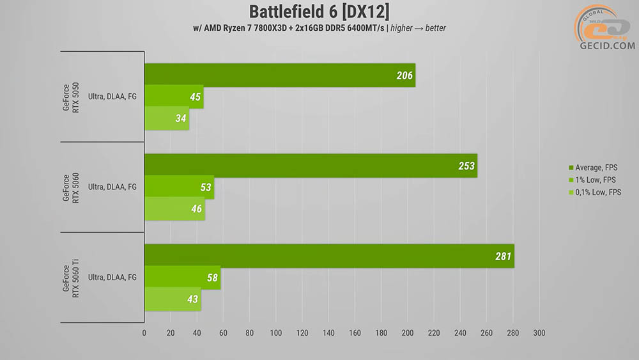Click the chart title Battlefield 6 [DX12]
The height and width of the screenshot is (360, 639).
coord(319,12)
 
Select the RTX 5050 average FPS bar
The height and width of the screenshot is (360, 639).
coord(280,75)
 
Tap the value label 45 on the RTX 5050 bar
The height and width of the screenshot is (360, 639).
coord(195,97)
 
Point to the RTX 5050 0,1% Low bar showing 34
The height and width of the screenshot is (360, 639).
coord(167,118)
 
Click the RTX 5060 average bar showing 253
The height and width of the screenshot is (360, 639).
coord(311,166)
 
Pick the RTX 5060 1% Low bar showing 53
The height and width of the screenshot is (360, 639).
coord(180,187)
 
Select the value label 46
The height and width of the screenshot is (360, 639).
coord(196,208)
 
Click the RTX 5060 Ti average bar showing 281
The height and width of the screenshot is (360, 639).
coord(329,256)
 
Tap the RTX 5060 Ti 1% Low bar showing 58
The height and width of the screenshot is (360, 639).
coord(183,278)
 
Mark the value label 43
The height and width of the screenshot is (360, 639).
coord(192,299)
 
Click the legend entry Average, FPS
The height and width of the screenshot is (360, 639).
coord(593,168)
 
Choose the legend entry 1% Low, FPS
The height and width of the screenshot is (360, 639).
coord(592,180)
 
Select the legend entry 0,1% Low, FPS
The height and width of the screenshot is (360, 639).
coord(595,192)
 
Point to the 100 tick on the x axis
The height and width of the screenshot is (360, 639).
coord(276,333)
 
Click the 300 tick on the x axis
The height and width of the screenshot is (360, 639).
coord(539,333)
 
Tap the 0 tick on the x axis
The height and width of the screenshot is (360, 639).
coord(144,333)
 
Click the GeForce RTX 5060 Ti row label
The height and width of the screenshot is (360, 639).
coord(70,278)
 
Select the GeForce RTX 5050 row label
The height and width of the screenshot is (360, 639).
coord(70,97)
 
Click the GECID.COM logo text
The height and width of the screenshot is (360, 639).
coord(607,45)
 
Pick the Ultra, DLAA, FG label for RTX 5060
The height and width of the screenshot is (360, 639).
coord(112,187)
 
